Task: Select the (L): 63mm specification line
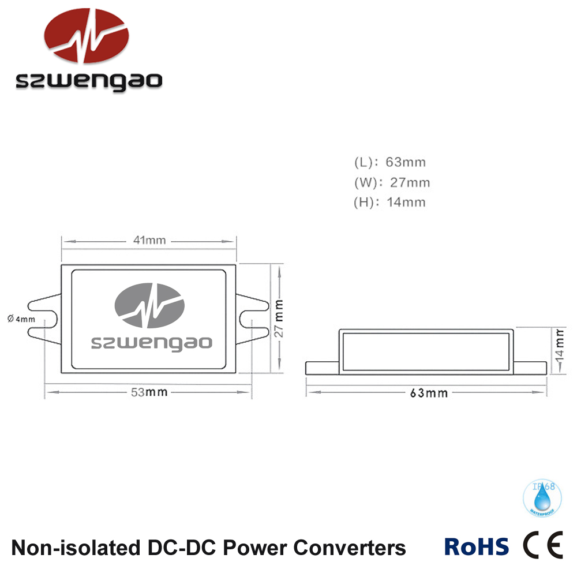pos(390,163)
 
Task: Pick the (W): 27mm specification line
pos(392,183)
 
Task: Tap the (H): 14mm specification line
pos(390,203)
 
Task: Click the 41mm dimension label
pos(148,241)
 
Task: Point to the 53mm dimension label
pos(149,392)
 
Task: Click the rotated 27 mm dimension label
pos(279,318)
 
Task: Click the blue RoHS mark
pos(477,546)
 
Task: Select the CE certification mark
pos(542,546)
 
